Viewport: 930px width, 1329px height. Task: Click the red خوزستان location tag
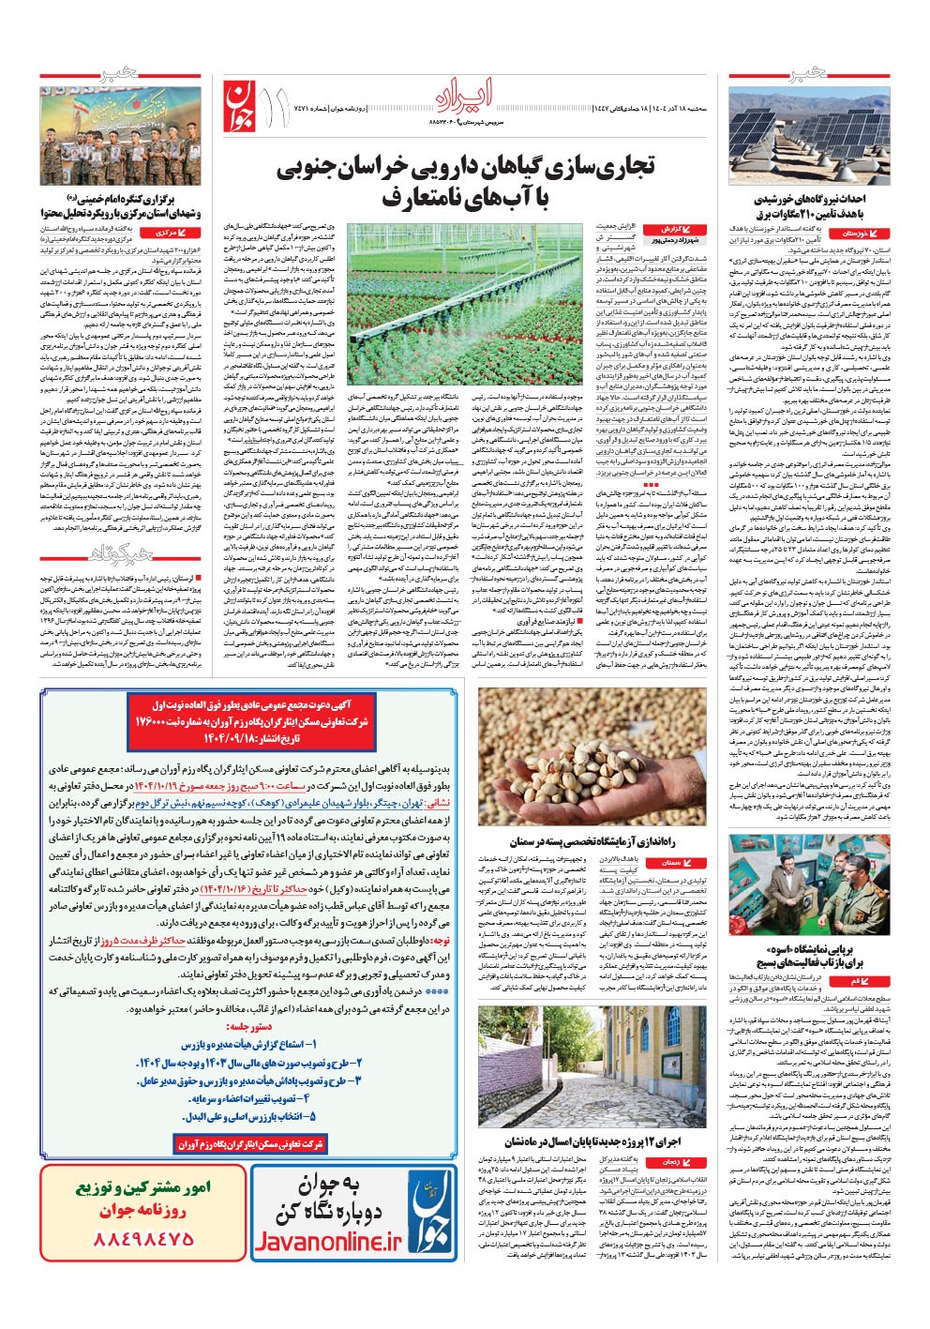[862, 232]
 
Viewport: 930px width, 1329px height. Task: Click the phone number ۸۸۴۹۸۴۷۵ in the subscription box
[144, 1238]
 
